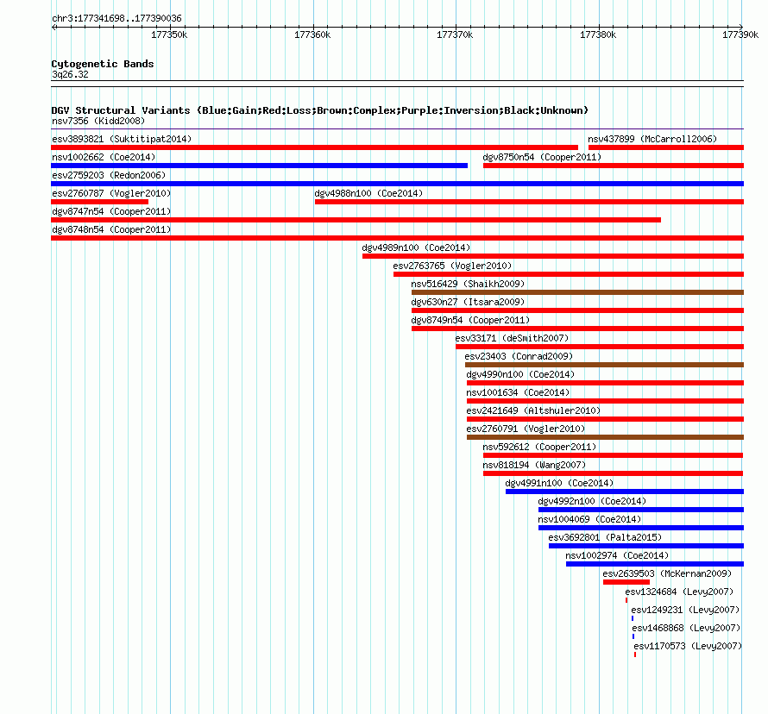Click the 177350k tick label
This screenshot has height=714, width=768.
pyautogui.click(x=169, y=34)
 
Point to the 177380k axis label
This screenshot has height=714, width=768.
pyautogui.click(x=597, y=34)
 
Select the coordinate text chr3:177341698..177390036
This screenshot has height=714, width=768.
pyautogui.click(x=116, y=18)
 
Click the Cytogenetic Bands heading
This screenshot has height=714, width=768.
pyautogui.click(x=103, y=64)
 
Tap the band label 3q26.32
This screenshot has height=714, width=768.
pyautogui.click(x=70, y=74)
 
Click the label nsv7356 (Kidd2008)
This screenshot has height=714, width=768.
pyautogui.click(x=98, y=121)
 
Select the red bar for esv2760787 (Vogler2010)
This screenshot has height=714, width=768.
pyautogui.click(x=100, y=202)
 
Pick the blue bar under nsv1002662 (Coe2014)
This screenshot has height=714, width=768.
pyautogui.click(x=260, y=166)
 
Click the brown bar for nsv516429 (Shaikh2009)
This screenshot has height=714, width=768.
pyautogui.click(x=577, y=292)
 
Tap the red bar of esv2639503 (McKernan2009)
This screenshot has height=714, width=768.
pyautogui.click(x=626, y=582)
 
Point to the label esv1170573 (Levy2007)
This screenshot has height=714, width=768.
pyautogui.click(x=688, y=646)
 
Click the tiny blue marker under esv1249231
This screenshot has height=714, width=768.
pyautogui.click(x=633, y=618)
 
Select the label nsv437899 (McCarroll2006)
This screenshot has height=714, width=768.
pyautogui.click(x=652, y=139)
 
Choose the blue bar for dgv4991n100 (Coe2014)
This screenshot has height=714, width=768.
pyautogui.click(x=625, y=492)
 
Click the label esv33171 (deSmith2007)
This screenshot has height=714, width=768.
pyautogui.click(x=512, y=338)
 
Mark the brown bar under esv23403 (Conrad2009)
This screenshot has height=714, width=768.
pyautogui.click(x=604, y=365)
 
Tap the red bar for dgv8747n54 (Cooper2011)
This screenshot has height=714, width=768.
pyautogui.click(x=356, y=220)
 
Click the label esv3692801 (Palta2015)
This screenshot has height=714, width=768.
pyautogui.click(x=605, y=537)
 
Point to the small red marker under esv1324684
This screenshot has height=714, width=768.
pyautogui.click(x=626, y=600)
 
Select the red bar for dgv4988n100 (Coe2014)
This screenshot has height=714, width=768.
pyautogui.click(x=529, y=202)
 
